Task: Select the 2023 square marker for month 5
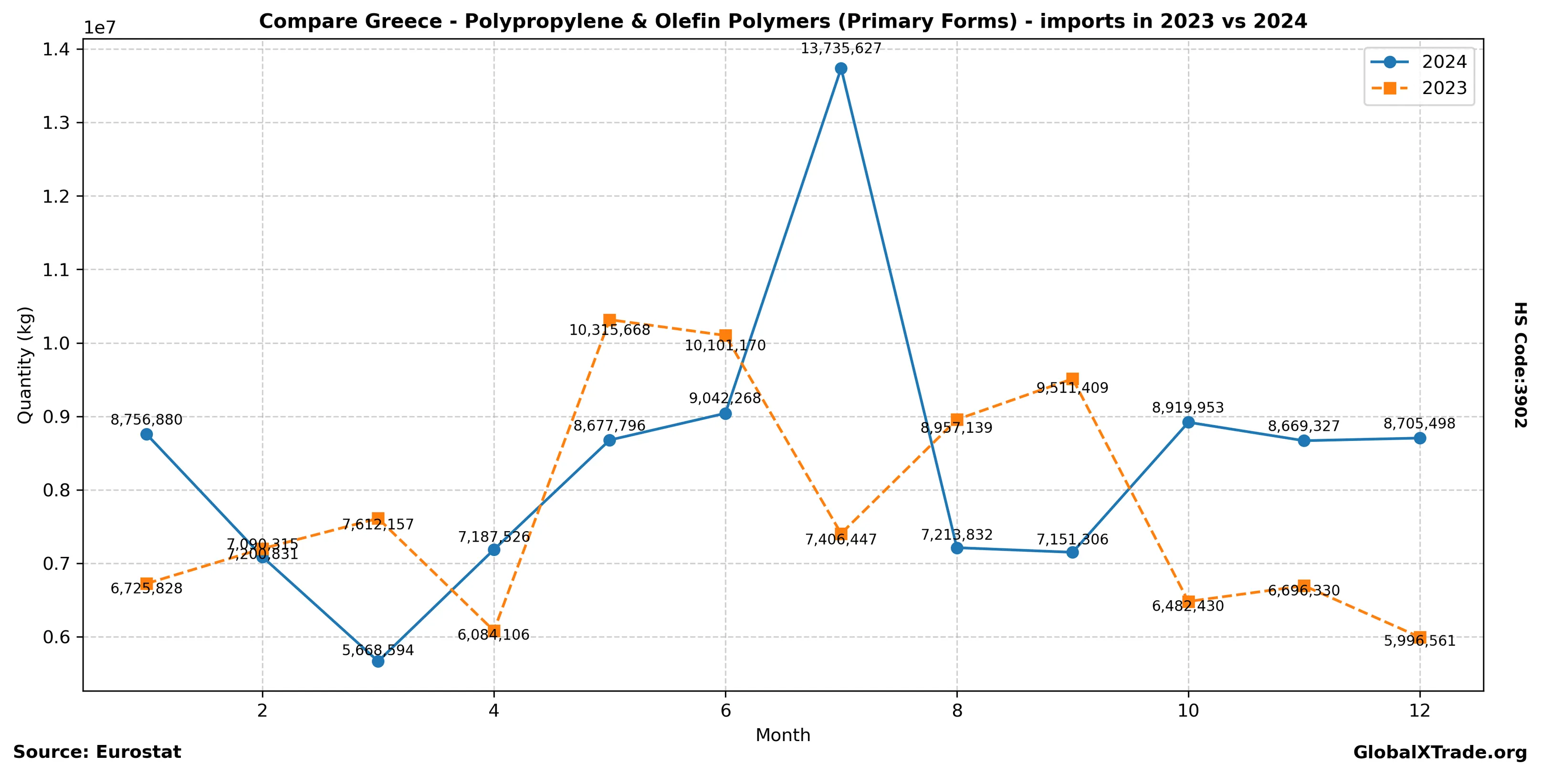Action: [609, 320]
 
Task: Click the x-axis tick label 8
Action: [957, 711]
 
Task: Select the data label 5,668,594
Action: [377, 650]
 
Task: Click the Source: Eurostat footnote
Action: [97, 752]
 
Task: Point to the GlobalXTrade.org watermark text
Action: [1440, 753]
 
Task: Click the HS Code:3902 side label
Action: [1520, 365]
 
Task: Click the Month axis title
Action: [783, 735]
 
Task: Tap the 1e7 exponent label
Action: [99, 28]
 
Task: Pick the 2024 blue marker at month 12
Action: [1420, 439]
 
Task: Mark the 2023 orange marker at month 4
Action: [493, 631]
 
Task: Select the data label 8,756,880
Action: [147, 420]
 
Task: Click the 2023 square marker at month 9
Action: [1073, 378]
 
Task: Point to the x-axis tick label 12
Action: [1420, 711]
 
